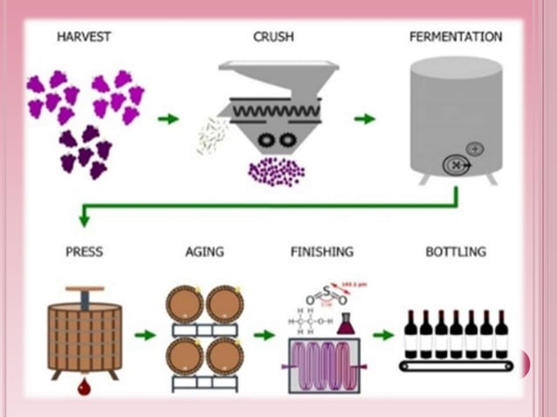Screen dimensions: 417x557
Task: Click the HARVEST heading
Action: tap(84, 37)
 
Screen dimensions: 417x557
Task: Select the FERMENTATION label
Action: tap(456, 37)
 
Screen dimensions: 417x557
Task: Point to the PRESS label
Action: tap(84, 252)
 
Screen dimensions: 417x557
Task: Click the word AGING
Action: tap(204, 252)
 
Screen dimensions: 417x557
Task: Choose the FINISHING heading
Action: tap(321, 252)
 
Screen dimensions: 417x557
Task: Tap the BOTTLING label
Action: tap(455, 252)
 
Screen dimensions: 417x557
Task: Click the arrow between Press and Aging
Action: tap(145, 334)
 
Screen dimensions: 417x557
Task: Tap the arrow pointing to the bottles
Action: tap(382, 334)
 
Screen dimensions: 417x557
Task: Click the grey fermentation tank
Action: tap(455, 113)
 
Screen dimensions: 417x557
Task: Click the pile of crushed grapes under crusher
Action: tap(275, 171)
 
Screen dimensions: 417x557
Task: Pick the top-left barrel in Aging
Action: tap(185, 304)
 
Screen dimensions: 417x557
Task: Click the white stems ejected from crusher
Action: tap(211, 135)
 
